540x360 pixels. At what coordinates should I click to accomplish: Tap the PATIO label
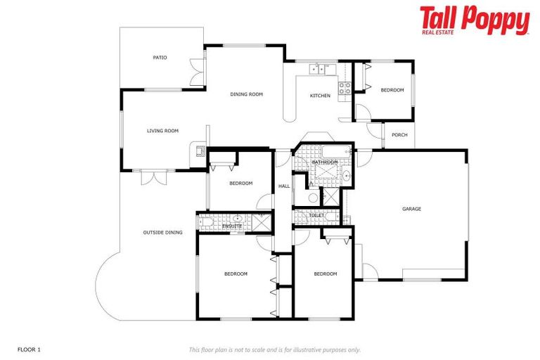160,58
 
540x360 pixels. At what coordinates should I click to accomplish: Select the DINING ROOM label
246,94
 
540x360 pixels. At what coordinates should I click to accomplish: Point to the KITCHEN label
320,96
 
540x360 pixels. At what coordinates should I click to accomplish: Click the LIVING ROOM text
162,131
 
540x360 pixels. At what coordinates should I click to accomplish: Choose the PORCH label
399,135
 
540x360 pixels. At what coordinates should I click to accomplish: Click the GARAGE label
411,209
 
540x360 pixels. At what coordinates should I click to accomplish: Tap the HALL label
284,186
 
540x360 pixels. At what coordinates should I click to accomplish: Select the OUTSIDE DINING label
162,233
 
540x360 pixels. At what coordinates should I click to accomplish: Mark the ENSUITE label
232,226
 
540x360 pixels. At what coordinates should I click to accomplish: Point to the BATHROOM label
325,162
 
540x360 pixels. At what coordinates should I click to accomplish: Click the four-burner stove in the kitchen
345,88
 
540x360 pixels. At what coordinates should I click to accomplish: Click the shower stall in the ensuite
260,222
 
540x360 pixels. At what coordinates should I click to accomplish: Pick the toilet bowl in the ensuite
205,222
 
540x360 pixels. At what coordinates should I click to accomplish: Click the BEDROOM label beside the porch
392,90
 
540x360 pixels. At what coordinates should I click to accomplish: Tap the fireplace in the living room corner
200,149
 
